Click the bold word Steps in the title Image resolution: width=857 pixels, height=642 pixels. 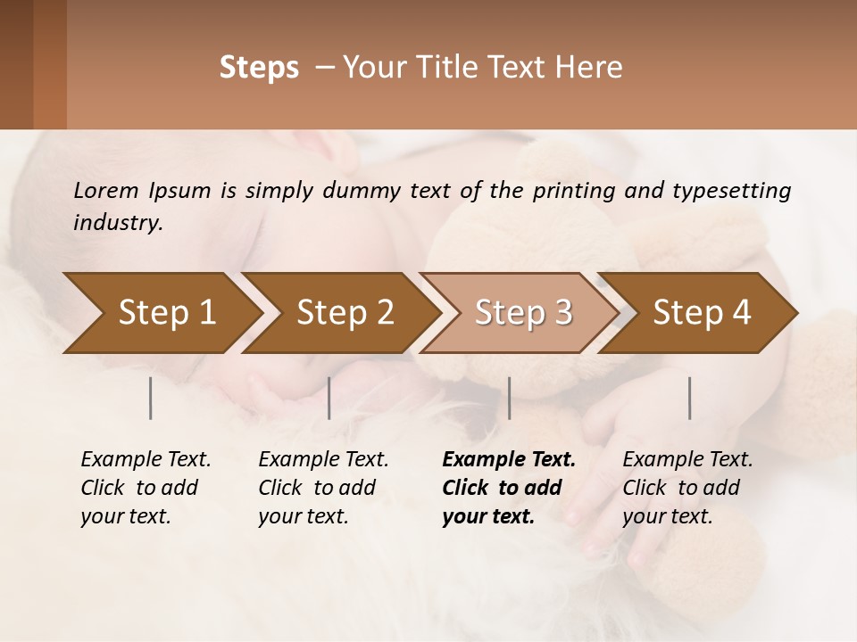(x=259, y=68)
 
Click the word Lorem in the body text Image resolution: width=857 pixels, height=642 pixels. (x=105, y=190)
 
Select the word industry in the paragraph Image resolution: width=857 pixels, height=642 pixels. (x=117, y=223)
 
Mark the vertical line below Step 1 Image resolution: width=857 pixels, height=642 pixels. (x=151, y=398)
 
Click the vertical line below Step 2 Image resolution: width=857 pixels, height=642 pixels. (x=329, y=398)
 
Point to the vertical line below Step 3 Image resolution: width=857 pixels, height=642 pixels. (x=509, y=398)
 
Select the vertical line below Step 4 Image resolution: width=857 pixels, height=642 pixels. (x=690, y=398)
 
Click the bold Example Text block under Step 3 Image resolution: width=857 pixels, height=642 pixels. (x=509, y=488)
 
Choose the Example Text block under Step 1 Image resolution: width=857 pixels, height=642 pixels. (x=146, y=488)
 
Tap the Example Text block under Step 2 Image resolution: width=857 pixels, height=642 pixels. (x=323, y=488)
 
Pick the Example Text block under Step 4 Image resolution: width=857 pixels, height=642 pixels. (x=687, y=488)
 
